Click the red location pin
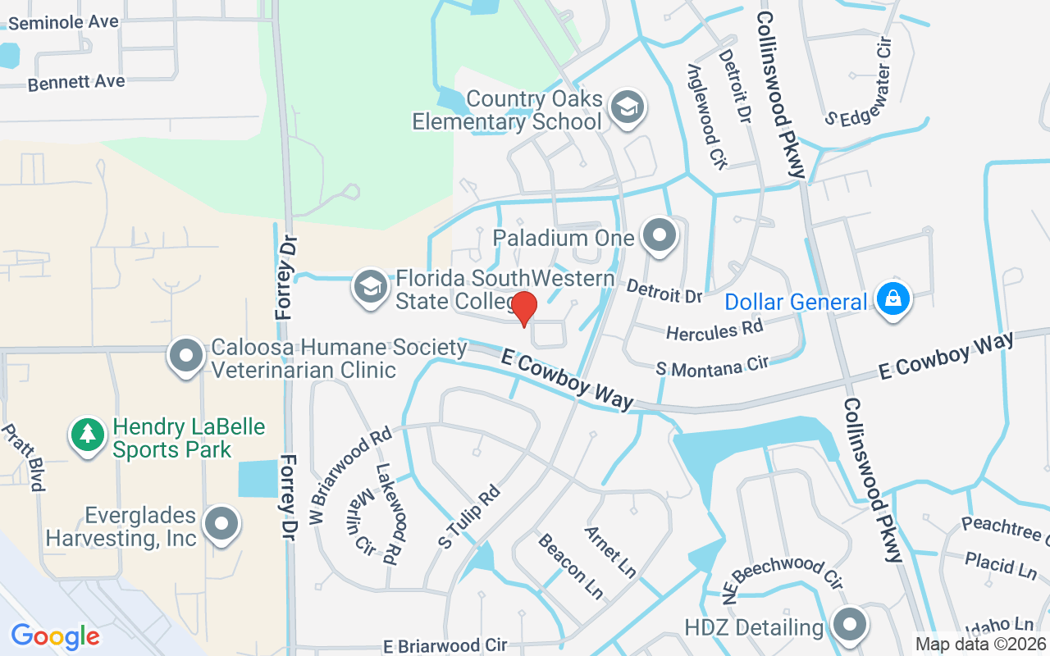524,308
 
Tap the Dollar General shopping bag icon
892,299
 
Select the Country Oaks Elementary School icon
628,107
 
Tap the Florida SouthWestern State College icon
371,287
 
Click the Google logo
55,636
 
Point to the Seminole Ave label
62,22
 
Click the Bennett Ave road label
75,83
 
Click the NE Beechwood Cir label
785,571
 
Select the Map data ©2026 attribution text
980,644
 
